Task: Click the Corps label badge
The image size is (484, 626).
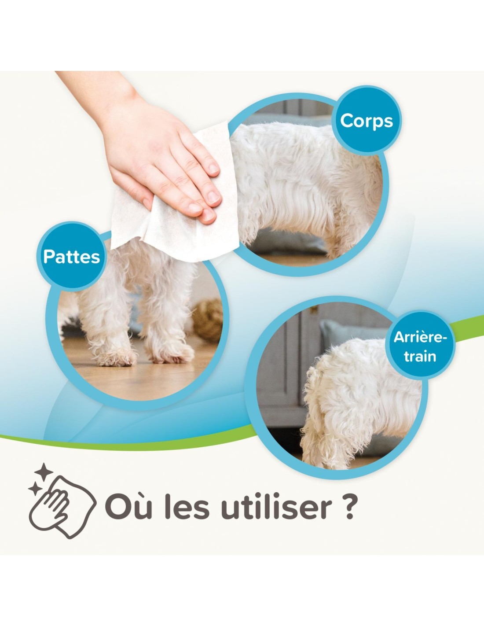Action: coord(367,121)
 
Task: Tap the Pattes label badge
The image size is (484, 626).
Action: coord(71,257)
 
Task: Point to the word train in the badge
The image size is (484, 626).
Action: coord(420,356)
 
